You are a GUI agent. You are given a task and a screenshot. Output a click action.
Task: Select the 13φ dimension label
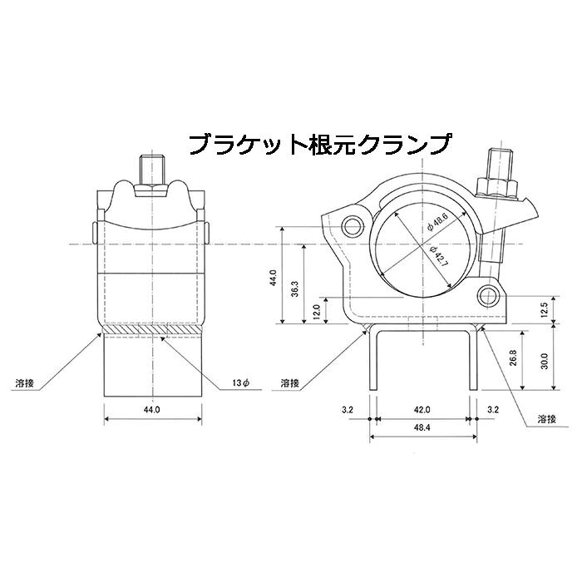tap(242, 383)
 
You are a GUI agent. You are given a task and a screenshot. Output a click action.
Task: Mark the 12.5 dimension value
tap(543, 310)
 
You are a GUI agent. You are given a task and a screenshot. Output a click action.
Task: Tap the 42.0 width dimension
tap(422, 409)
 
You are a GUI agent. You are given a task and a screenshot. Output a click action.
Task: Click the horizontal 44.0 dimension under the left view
tap(151, 409)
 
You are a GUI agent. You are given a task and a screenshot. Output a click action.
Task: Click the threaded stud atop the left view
tap(151, 169)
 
